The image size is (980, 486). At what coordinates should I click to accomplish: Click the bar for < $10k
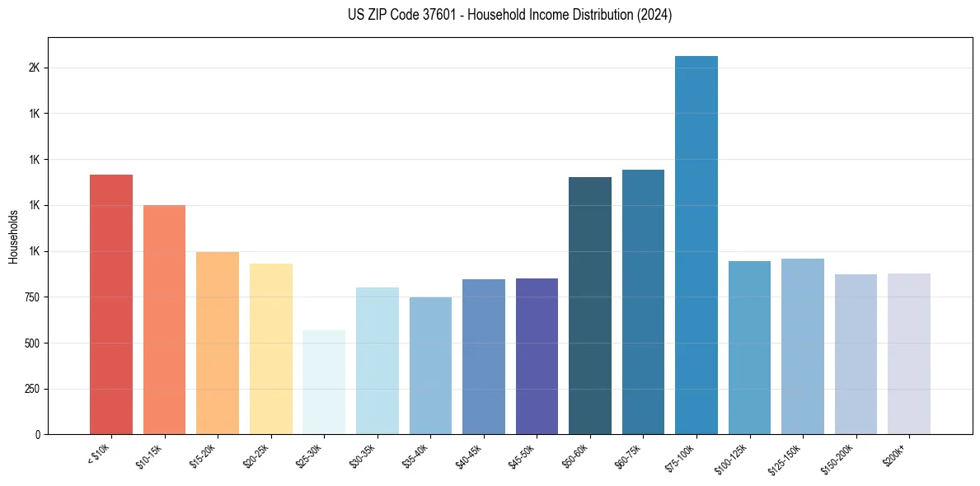pos(111,305)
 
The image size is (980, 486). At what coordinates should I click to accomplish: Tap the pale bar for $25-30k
pos(324,382)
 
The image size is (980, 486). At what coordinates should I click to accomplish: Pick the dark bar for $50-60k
pos(590,306)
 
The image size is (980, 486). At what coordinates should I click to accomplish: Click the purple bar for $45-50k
pos(537,356)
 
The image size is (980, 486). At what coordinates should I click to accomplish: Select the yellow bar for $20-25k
pos(271,348)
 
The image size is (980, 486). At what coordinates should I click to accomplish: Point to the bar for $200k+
pos(909,353)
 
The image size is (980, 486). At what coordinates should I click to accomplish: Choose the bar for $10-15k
pos(164,320)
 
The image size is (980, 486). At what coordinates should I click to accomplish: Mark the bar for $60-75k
pos(643,302)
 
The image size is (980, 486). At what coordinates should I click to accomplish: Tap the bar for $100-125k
pos(749,348)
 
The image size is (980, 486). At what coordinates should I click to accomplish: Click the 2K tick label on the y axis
pos(34,68)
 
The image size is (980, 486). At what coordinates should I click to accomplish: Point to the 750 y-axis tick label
pos(31,297)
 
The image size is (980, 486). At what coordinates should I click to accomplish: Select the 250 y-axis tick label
pos(31,389)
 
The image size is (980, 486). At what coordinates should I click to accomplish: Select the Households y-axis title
pos(13,236)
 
